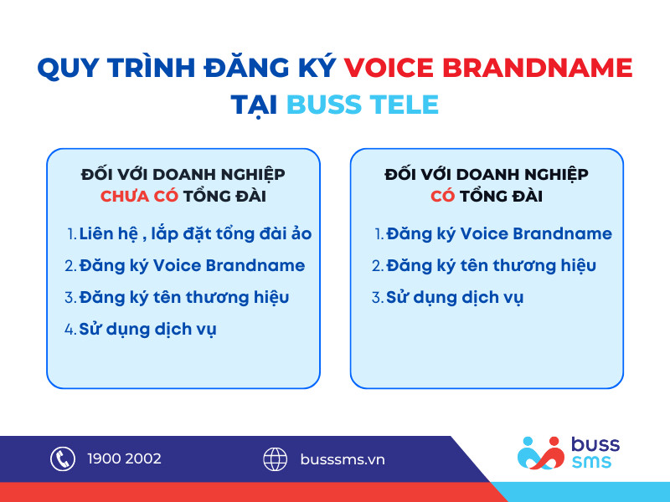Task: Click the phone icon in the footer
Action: [63, 458]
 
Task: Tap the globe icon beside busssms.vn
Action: [276, 458]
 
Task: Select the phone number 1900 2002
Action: [124, 458]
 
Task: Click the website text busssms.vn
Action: [343, 459]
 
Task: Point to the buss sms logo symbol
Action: [540, 453]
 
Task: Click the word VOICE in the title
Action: [389, 68]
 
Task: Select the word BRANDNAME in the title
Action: [537, 68]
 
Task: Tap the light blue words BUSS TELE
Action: [363, 105]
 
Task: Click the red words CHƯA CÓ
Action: [139, 196]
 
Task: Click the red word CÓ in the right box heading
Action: [443, 196]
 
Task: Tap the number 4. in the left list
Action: [70, 329]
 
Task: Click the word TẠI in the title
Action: [255, 105]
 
